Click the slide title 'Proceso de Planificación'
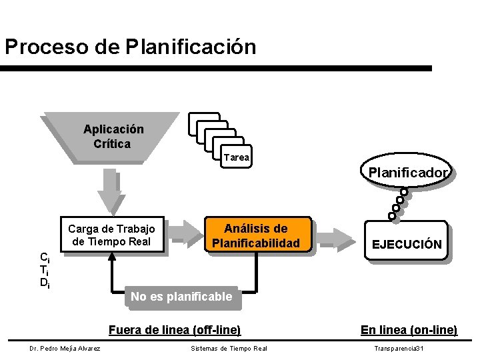point(130,47)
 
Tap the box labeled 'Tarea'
point(237,158)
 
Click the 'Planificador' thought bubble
point(408,173)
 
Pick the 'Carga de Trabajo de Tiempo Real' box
point(111,235)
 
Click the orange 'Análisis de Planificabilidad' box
point(256,235)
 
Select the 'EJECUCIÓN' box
point(406,244)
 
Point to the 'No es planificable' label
point(181,297)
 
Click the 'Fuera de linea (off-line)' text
point(175,329)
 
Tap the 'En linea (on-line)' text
point(409,329)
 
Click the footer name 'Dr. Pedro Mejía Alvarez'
point(65,348)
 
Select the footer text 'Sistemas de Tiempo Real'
point(229,348)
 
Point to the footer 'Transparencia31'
point(399,348)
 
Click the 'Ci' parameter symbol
point(44,257)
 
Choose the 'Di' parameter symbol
point(44,283)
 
